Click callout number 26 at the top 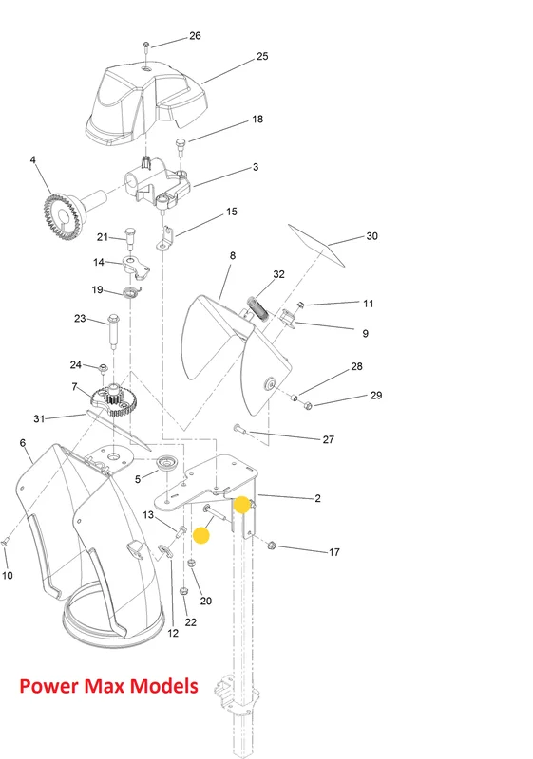[195, 36]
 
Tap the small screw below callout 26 [146, 46]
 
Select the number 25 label [262, 56]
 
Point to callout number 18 [257, 120]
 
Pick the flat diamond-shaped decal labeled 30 [317, 246]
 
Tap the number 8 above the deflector [233, 255]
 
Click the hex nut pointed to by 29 [307, 405]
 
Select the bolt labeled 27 [239, 428]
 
